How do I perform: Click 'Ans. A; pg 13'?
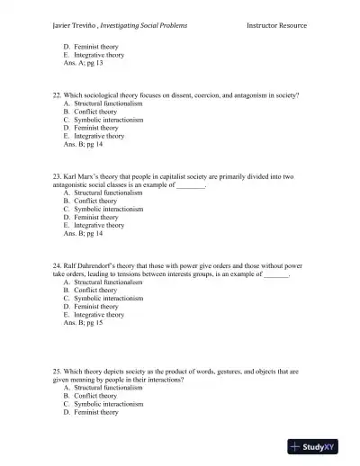click(x=83, y=63)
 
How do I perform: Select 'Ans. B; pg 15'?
click(x=83, y=323)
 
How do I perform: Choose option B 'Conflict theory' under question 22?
click(x=95, y=112)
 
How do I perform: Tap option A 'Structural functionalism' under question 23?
click(x=109, y=193)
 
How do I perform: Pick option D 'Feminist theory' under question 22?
click(x=96, y=128)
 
